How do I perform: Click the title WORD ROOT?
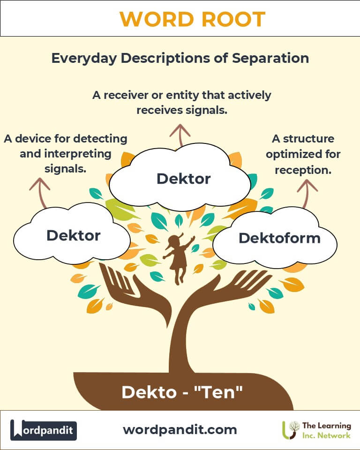tap(192, 19)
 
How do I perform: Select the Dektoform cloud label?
tap(279, 238)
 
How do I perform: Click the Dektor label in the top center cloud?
tap(184, 178)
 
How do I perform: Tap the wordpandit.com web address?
tap(180, 429)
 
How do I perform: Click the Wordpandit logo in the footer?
tap(43, 430)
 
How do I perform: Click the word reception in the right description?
tap(303, 170)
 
